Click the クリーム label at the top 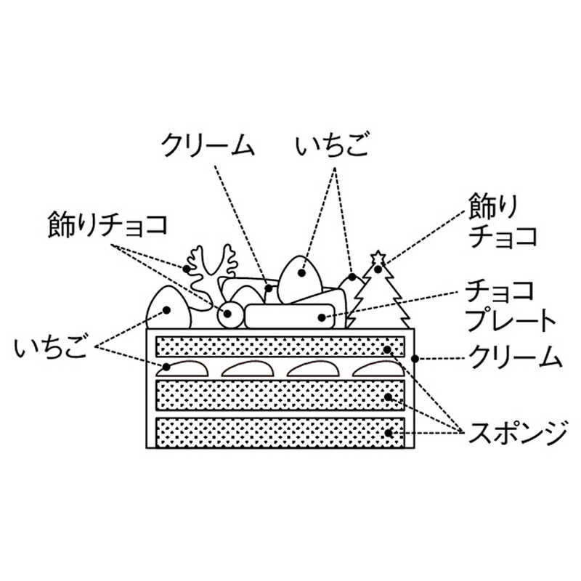coord(208,145)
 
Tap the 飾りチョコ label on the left coord(108,223)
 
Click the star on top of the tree coord(378,258)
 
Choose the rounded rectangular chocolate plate coord(290,316)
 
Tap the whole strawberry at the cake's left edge coord(168,309)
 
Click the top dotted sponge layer coord(280,346)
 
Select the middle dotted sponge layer coord(280,396)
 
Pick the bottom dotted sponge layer coord(280,434)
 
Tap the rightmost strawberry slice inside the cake coord(377,368)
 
